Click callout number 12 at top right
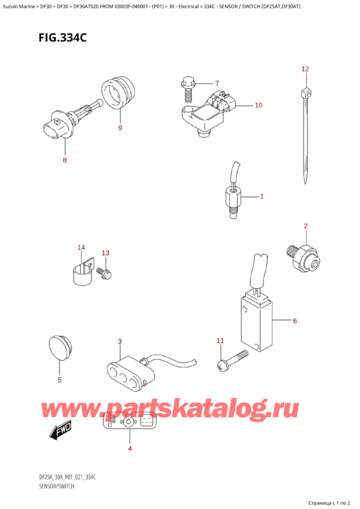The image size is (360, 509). coord(305,70)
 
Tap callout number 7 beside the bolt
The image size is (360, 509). coord(217,83)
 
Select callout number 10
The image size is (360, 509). coord(258,106)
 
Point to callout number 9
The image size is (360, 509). coord(120,128)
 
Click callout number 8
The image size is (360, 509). coord(65,160)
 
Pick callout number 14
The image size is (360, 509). coord(81,248)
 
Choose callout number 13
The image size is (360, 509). coord(106,253)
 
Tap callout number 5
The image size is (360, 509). coord(59,380)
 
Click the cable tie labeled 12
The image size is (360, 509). coord(307,138)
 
